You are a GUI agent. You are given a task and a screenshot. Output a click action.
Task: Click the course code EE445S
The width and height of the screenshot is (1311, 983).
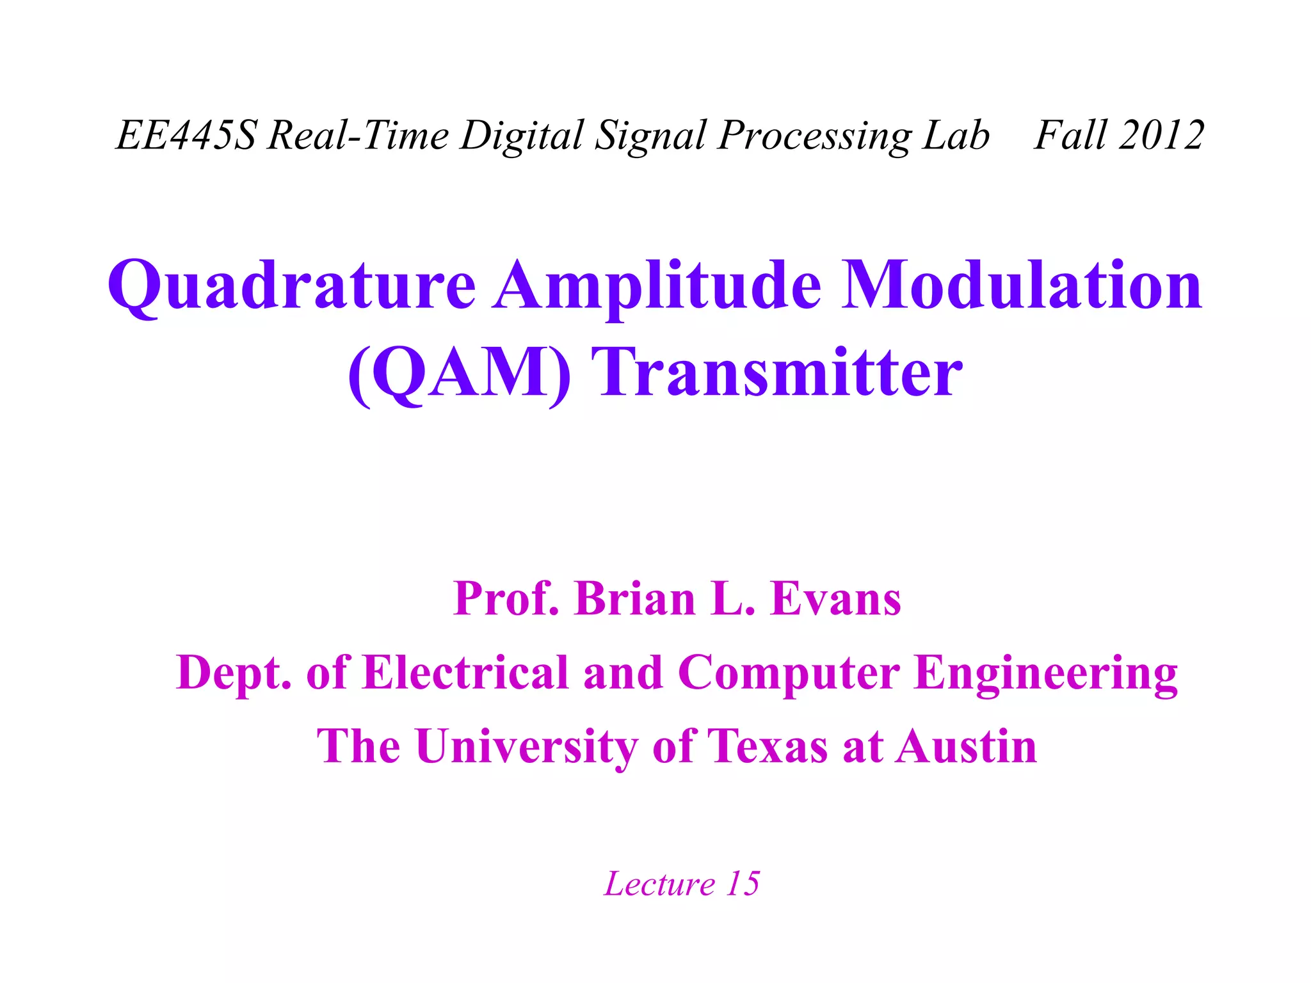(x=186, y=136)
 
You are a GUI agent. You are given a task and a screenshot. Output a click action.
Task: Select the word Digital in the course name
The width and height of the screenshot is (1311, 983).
(x=522, y=136)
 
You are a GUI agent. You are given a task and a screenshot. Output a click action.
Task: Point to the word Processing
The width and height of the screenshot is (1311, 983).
(x=814, y=136)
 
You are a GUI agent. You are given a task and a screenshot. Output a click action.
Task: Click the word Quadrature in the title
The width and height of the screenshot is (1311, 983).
(x=292, y=286)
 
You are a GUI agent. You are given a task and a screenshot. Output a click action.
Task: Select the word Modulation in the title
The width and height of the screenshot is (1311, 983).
(x=1022, y=286)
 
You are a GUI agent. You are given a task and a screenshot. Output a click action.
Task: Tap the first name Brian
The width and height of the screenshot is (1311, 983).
(x=634, y=599)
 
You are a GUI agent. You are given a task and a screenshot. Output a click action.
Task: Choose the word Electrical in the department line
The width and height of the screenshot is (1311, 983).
(x=465, y=673)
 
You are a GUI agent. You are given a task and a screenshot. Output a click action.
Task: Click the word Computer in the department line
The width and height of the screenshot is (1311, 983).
(x=789, y=673)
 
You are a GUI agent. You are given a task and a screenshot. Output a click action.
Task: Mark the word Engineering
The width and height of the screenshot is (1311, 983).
(x=1046, y=673)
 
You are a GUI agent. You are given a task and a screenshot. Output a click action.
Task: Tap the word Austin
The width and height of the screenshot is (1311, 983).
(x=966, y=747)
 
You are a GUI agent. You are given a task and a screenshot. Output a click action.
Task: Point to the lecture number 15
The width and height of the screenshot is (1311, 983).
(x=743, y=884)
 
